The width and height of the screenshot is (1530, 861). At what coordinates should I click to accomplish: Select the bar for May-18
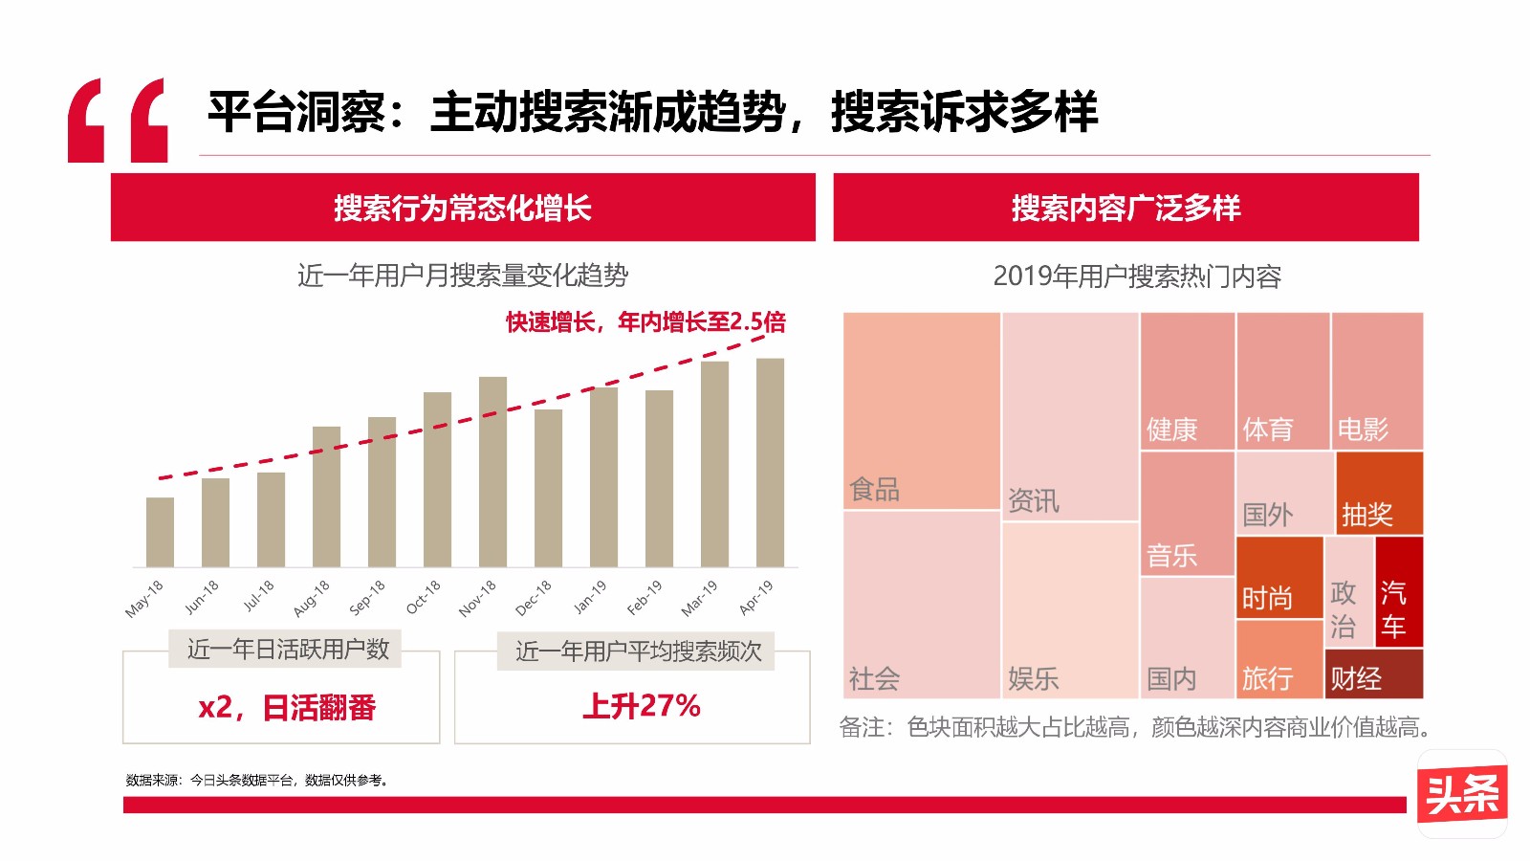tap(160, 532)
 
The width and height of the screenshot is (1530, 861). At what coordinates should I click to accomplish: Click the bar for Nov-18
tap(492, 472)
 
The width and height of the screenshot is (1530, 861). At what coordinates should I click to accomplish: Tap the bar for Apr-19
tap(770, 462)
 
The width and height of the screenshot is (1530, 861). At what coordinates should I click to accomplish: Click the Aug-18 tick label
tap(312, 598)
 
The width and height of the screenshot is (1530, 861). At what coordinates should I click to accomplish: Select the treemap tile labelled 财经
tap(1373, 674)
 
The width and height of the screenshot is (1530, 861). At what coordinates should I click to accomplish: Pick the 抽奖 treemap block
tap(1379, 494)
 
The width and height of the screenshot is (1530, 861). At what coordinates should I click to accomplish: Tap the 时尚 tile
tap(1279, 578)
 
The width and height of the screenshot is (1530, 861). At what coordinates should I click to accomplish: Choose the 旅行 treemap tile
tap(1279, 660)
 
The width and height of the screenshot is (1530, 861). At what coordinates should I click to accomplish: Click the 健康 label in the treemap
tap(1172, 430)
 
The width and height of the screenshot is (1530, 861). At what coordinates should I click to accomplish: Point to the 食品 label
tap(875, 490)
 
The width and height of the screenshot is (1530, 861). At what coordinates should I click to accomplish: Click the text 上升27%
tap(642, 706)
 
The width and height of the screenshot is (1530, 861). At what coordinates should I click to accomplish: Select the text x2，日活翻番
tap(287, 708)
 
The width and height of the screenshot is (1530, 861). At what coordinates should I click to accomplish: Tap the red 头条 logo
tap(1461, 793)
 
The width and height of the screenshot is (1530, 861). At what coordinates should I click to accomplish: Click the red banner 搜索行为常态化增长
tap(463, 208)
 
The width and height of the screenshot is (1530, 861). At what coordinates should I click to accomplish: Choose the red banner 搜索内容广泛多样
tap(1126, 208)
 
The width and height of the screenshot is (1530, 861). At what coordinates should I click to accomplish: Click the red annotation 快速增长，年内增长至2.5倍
tap(645, 322)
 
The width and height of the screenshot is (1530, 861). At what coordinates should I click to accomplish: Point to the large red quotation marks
tap(118, 121)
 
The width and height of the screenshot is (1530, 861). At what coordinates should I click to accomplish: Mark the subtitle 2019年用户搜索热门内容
tap(1137, 276)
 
